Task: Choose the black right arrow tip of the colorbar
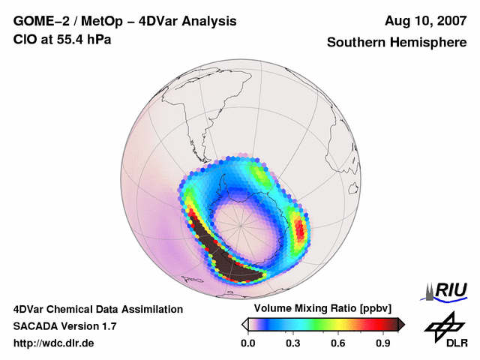pos(401,324)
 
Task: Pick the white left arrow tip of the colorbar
pos(244,324)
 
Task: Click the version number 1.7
pos(108,326)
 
